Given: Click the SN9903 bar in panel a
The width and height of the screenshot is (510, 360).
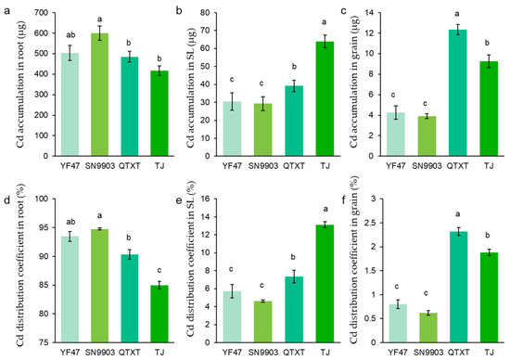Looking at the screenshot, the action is (x=99, y=95).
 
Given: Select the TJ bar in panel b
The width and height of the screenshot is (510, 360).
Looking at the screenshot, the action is (x=325, y=98).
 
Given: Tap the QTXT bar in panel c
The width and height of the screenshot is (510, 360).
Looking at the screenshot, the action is (x=457, y=93).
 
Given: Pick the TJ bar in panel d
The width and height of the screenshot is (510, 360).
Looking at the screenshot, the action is (x=159, y=314).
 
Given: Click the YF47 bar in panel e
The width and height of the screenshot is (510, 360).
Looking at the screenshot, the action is (x=232, y=316).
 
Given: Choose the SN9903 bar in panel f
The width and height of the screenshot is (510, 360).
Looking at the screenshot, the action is (x=427, y=328).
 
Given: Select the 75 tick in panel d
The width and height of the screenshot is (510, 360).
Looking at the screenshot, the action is (x=44, y=342).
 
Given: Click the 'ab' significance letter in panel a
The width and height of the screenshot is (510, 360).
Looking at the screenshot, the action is (x=70, y=35).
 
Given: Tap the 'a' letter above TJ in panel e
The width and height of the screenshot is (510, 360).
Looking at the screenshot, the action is (x=325, y=209).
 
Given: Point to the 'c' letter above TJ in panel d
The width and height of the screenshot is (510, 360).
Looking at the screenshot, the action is (x=159, y=271).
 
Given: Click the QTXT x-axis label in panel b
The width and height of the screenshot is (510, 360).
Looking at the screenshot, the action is (x=294, y=166).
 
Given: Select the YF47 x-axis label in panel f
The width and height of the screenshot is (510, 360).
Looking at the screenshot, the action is (x=396, y=353).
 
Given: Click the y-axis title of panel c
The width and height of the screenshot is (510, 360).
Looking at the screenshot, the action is (x=354, y=82).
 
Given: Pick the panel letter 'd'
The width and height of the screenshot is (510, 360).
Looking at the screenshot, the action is (x=6, y=200).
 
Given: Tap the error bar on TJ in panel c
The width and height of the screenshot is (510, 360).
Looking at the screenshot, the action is (x=489, y=61).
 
